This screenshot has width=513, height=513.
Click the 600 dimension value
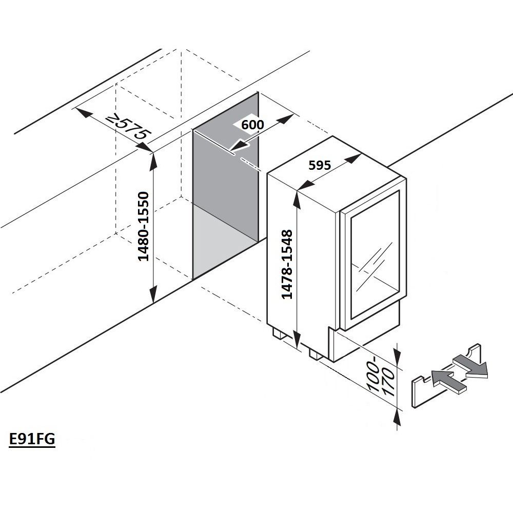tap(252, 125)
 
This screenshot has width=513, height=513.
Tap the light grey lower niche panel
tap(224, 241)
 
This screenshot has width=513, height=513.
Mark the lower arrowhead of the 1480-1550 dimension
tap(152, 297)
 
